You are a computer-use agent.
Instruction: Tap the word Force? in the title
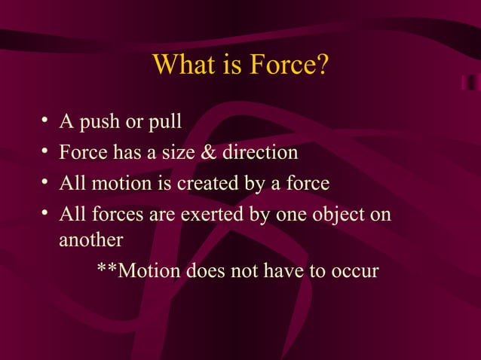287,66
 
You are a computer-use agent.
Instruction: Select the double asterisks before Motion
107,270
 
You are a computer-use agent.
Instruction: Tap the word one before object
293,215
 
